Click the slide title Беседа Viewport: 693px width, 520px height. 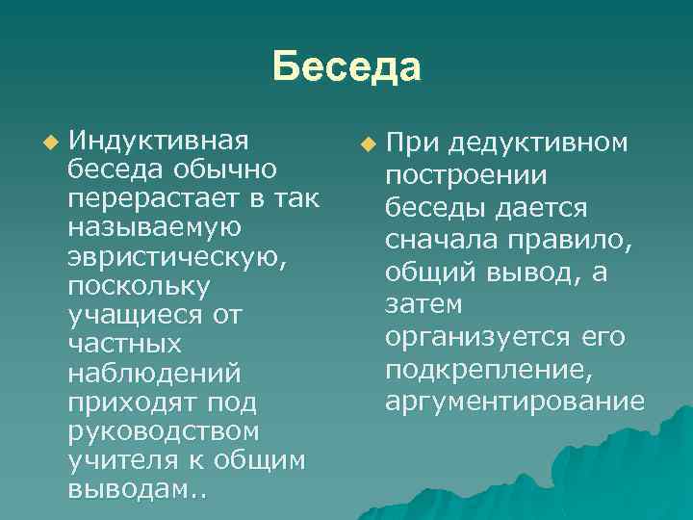(346, 68)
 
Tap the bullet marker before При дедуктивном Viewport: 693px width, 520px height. (367, 145)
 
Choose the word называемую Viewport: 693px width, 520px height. (154, 227)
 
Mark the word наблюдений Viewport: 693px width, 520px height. (154, 373)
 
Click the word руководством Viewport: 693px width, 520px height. (164, 431)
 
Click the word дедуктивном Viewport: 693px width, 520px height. (538, 143)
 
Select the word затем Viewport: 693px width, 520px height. (423, 304)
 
